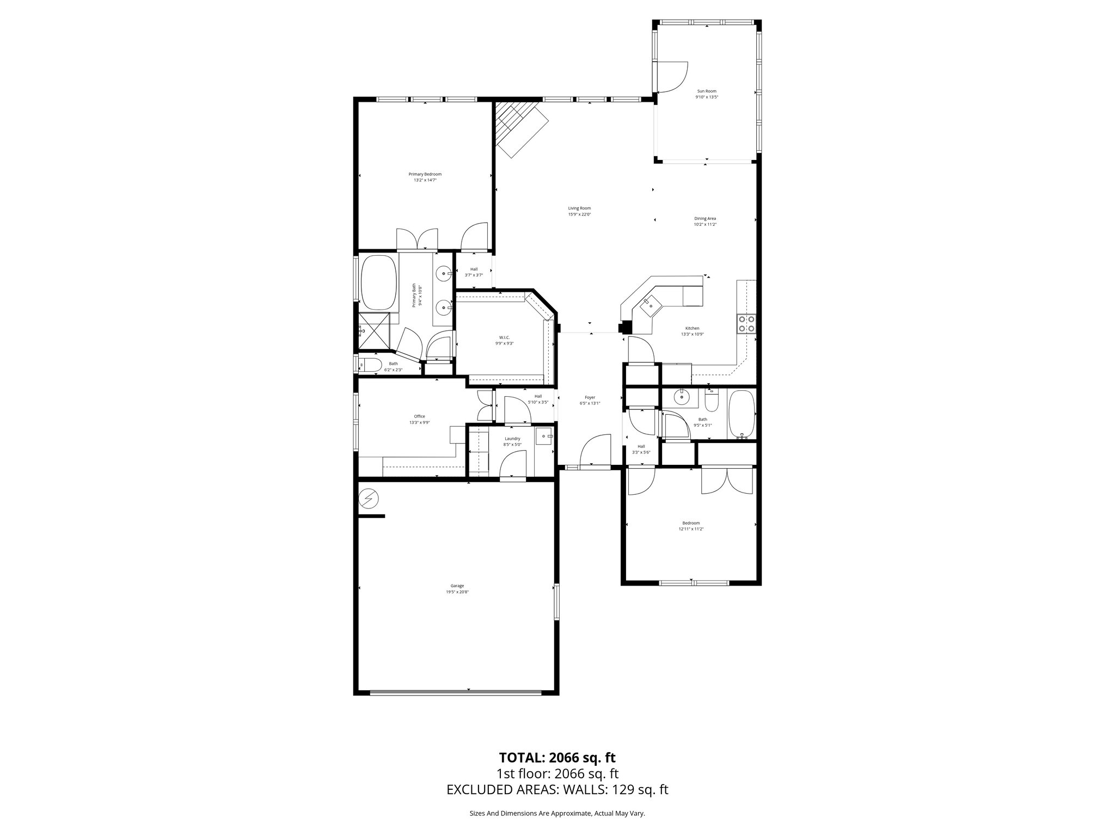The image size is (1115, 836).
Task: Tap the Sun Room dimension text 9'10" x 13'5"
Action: coord(707,97)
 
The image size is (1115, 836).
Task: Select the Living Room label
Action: coord(579,208)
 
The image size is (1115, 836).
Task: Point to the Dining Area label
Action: coord(704,218)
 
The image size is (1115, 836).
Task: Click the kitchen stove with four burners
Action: coord(746,324)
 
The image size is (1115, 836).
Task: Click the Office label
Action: coord(419,416)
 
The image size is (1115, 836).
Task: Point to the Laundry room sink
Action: coord(544,437)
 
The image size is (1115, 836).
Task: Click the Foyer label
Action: coord(590,397)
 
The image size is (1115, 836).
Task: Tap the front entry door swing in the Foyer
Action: coord(596,452)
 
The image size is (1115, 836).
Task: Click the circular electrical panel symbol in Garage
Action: coord(369,497)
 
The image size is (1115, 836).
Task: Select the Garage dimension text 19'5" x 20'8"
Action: coord(457,592)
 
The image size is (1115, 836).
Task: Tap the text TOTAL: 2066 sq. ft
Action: coord(557,758)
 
